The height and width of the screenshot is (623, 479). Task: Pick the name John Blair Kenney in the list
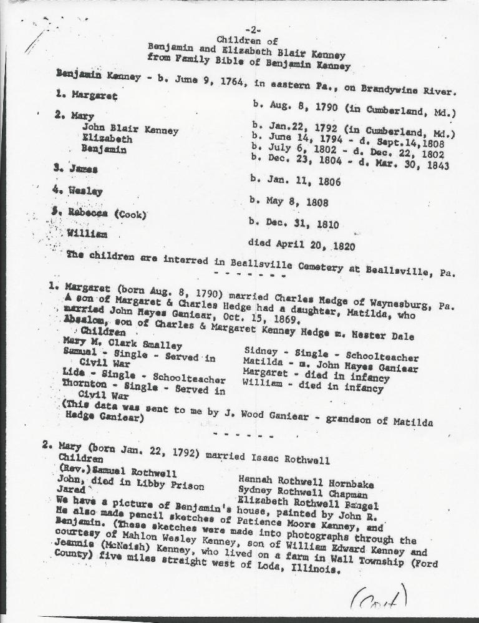pos(130,130)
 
